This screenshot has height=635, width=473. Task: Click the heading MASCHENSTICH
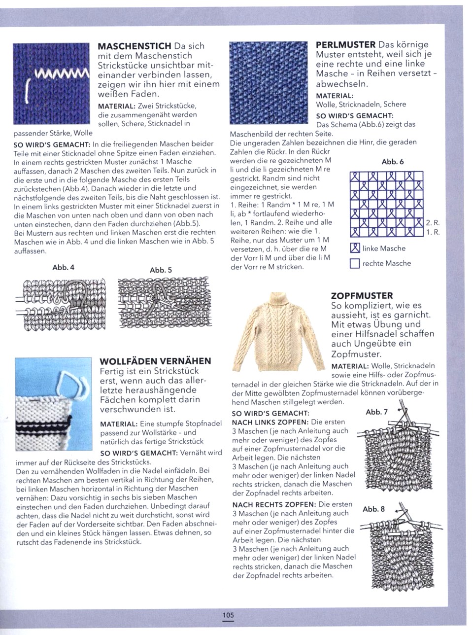point(135,46)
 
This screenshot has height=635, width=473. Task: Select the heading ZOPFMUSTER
point(362,296)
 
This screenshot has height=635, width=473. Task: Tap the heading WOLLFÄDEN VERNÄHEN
point(155,361)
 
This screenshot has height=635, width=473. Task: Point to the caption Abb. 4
point(63,267)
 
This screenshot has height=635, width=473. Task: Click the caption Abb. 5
point(161,270)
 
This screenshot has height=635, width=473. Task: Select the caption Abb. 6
point(393,162)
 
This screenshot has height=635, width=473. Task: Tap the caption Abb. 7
point(376,412)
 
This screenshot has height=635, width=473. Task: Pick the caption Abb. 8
point(373,509)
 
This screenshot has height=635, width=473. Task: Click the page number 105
point(228,615)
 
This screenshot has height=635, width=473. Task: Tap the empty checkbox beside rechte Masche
point(354,264)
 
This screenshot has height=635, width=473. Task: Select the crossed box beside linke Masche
point(354,248)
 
